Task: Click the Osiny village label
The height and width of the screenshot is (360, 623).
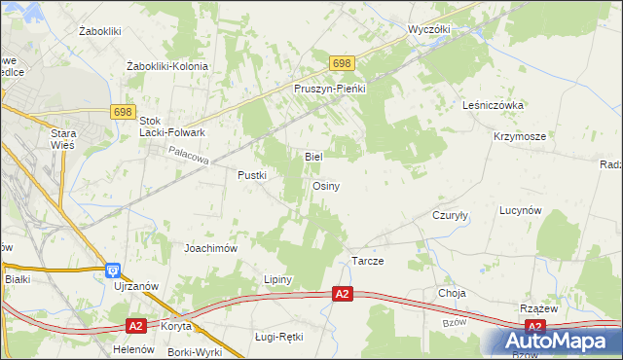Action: (326, 186)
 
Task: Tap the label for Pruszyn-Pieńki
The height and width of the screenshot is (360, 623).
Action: (329, 88)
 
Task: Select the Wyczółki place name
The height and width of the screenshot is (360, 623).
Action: (429, 29)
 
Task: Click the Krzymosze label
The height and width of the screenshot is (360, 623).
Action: (519, 137)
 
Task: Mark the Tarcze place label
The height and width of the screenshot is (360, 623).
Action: (367, 263)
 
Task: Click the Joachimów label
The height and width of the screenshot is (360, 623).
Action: (211, 248)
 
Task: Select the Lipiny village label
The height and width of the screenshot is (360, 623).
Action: (278, 279)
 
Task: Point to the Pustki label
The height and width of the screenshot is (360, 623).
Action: (252, 175)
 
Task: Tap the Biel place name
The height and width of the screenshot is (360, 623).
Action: (313, 156)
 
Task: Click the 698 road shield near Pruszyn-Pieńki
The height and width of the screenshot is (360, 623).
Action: (341, 63)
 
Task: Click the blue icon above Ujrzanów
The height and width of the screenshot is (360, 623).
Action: (113, 270)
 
